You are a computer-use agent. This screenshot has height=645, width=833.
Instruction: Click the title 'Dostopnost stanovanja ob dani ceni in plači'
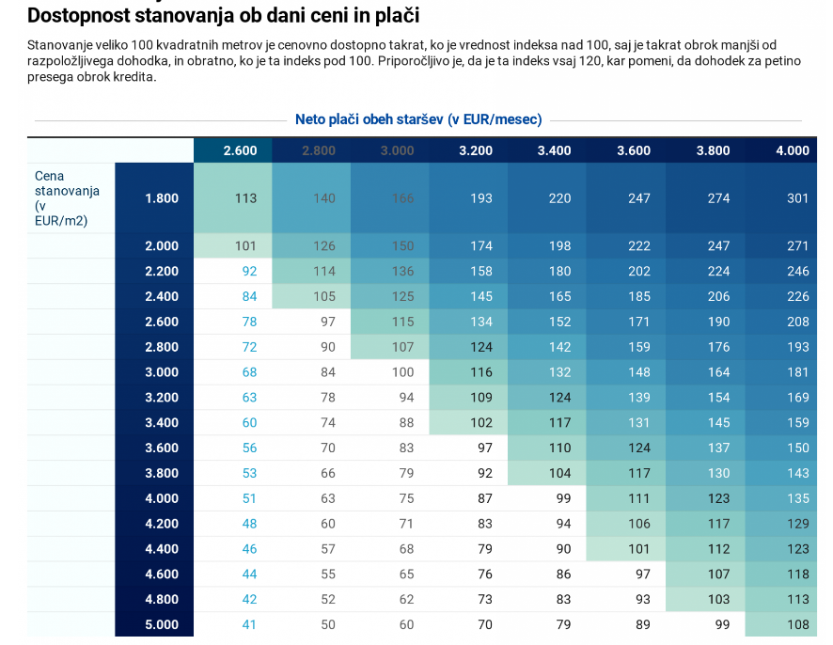(224, 16)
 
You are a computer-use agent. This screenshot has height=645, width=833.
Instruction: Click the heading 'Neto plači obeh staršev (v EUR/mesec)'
(418, 120)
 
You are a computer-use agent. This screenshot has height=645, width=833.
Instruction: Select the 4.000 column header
(792, 150)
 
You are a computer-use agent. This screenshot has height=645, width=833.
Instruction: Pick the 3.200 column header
(476, 150)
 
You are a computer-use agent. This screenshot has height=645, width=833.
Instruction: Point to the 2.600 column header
(240, 150)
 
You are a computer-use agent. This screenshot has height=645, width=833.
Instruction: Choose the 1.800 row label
(162, 198)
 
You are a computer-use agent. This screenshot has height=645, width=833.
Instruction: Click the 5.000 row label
(162, 624)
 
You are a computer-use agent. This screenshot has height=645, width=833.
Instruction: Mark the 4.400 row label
(162, 549)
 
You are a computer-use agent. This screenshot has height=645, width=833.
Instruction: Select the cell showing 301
(797, 198)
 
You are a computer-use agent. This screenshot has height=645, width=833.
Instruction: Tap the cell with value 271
(797, 246)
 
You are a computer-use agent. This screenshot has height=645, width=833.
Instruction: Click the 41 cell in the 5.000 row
(249, 624)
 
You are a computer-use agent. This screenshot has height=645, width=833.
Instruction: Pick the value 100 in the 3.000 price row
(402, 372)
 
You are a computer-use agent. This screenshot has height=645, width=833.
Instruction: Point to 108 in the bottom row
(797, 624)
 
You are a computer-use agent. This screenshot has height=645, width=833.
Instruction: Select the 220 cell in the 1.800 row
(560, 198)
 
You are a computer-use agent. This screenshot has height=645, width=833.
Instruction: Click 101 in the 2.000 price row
(245, 246)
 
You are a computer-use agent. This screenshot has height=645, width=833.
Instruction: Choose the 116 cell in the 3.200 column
(481, 372)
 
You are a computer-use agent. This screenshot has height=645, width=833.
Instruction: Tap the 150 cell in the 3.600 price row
(797, 448)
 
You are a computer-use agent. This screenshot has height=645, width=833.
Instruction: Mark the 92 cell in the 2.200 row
(249, 272)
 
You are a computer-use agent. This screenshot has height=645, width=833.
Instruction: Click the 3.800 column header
(713, 150)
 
